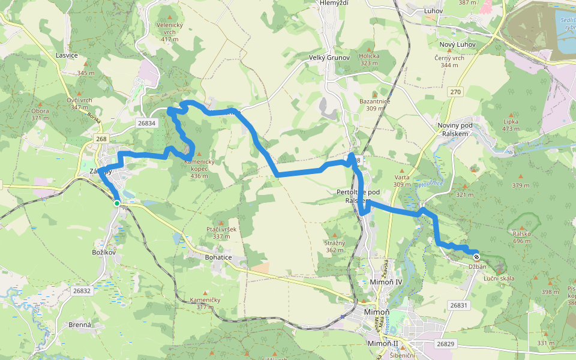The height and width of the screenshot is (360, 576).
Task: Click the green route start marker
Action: tap(117, 203)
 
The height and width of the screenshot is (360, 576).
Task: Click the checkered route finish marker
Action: tap(476, 256)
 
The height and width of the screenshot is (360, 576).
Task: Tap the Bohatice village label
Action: tap(218, 257)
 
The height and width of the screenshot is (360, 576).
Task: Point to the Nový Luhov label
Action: tap(457, 45)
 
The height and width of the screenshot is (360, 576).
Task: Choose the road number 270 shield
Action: tap(456, 92)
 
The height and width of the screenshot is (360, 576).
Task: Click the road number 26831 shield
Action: tap(458, 305)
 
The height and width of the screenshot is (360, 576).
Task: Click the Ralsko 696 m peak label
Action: tap(520, 236)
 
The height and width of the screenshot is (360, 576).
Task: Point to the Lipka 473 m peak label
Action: tap(511, 124)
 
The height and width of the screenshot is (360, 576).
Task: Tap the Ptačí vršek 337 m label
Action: tap(221, 232)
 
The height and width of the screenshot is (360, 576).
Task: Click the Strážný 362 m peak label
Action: tap(335, 245)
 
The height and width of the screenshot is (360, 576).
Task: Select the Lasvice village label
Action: tap(67, 55)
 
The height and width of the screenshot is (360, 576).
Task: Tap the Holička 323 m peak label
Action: tap(370, 58)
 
